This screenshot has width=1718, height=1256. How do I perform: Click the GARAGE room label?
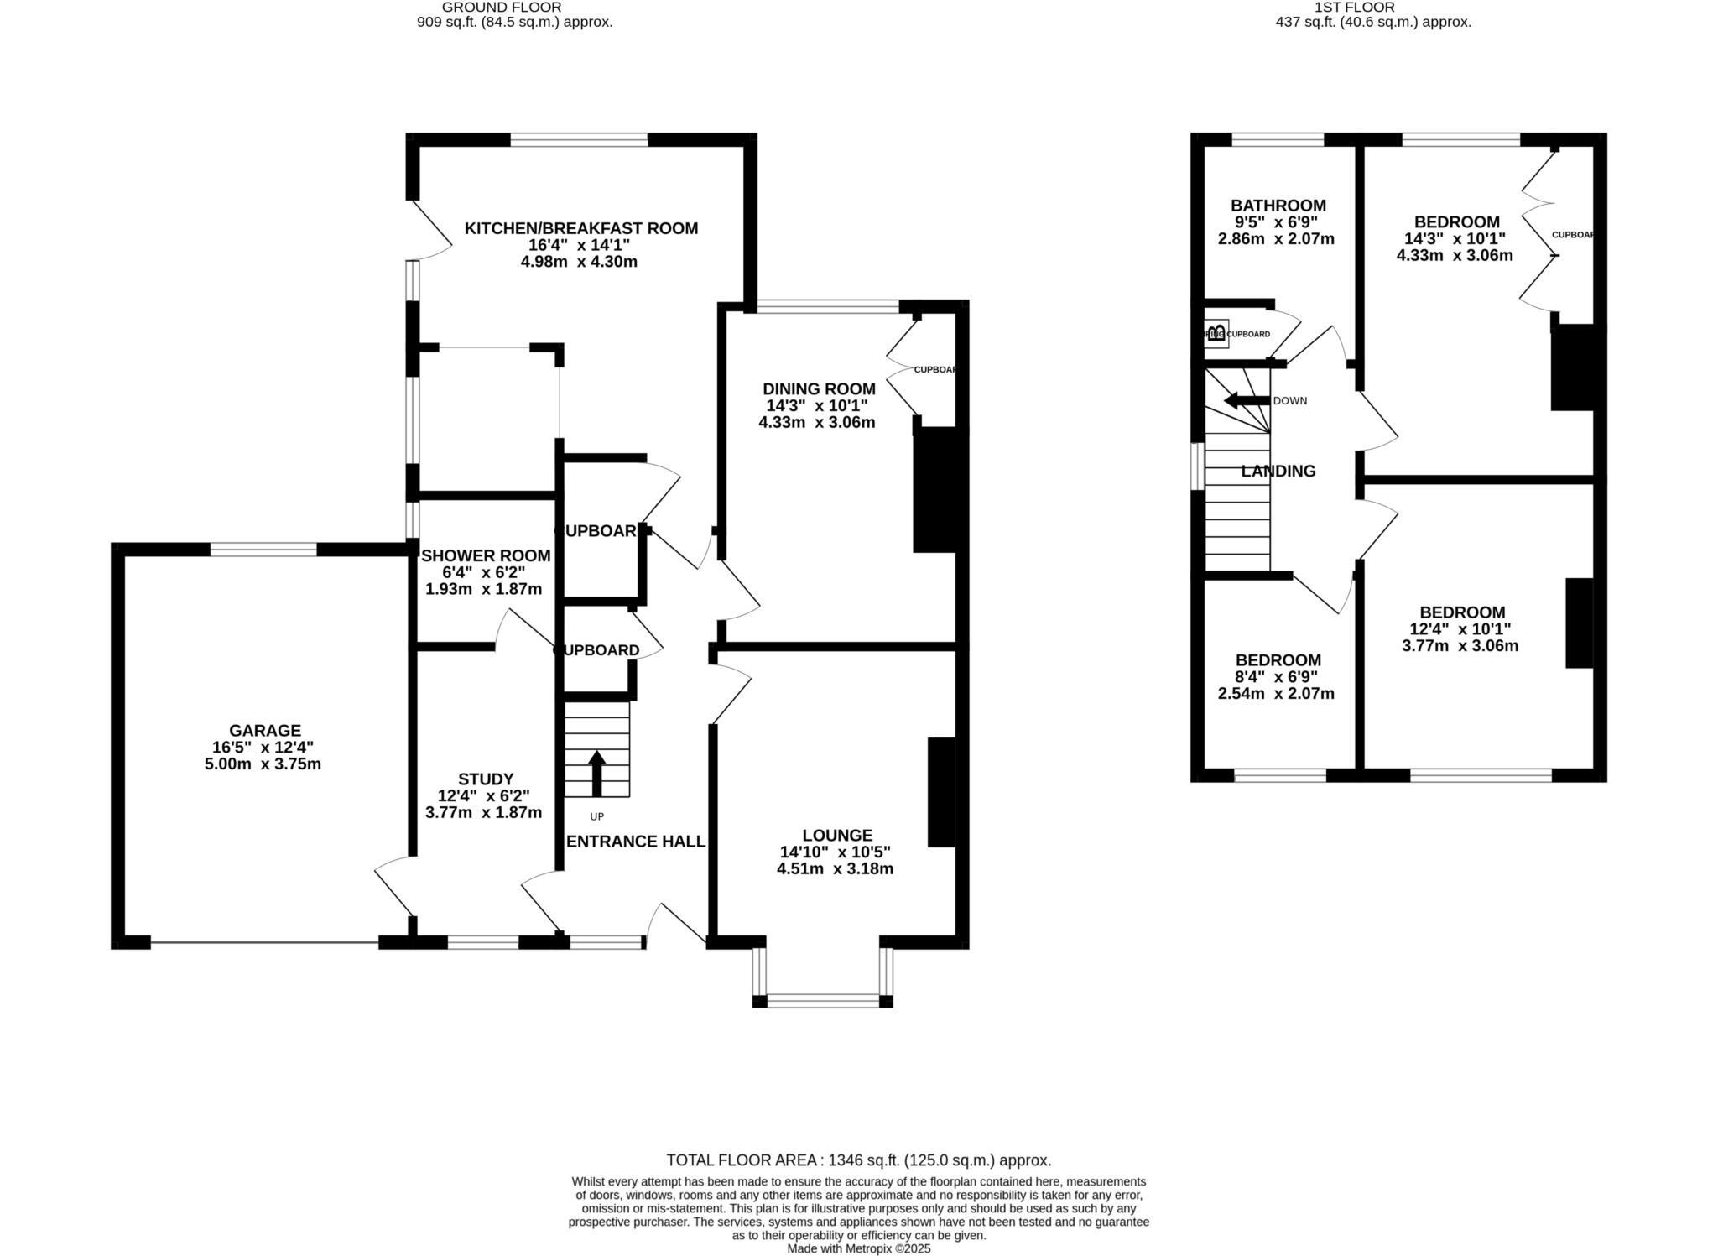pos(265,731)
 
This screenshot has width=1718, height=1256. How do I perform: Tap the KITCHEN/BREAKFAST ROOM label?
pos(581,228)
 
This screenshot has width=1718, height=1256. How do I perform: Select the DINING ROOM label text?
pos(819,389)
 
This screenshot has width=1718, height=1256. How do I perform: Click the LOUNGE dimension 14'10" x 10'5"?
pos(836,852)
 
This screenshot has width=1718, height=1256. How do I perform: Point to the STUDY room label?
pos(486,779)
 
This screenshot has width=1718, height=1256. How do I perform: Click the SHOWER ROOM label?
pos(486,555)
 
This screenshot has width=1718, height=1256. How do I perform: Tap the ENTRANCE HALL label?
pos(636,842)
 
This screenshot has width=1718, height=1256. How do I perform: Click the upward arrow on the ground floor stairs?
pos(596,773)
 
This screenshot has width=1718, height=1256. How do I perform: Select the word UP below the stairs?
pos(596,816)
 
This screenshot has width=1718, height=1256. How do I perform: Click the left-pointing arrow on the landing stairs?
pos(1247,401)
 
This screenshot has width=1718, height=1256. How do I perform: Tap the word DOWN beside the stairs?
pos(1290,401)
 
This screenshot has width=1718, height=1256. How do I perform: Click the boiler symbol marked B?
pos(1216,333)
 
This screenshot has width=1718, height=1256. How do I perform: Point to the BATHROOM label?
pos(1278,206)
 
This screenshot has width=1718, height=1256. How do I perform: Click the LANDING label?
pos(1278,472)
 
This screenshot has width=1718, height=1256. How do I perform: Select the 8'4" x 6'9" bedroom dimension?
pos(1276,677)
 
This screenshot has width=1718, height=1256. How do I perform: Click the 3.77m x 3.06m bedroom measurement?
pos(1460,646)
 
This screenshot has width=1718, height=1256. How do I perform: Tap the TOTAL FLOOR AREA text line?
pos(858,1160)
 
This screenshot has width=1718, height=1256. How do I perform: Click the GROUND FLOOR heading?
pos(502,8)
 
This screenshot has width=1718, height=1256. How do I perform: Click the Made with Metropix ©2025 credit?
pos(858,1248)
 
